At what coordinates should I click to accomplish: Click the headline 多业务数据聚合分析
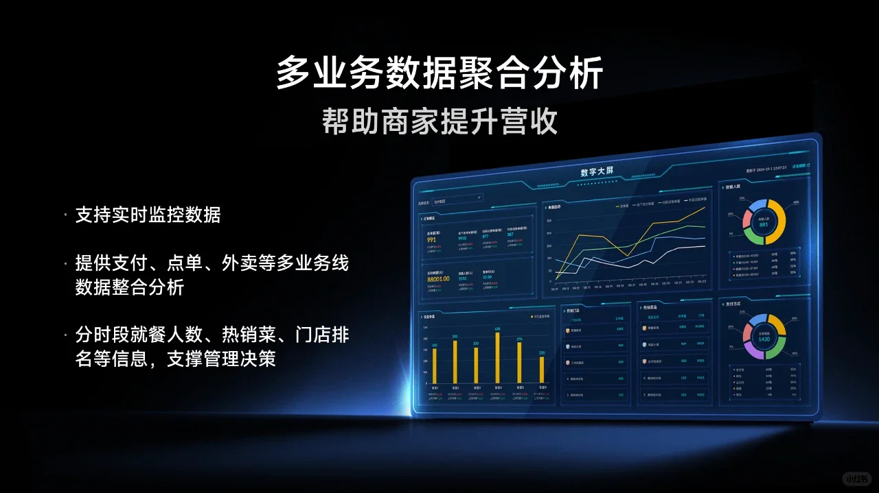[439, 73]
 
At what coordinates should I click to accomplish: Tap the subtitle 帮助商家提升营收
[439, 122]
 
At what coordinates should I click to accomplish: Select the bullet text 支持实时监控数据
[148, 215]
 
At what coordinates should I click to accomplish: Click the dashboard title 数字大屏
[596, 171]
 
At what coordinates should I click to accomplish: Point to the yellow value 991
[431, 240]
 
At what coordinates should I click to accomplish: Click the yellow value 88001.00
[438, 278]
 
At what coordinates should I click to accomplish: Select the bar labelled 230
[542, 369]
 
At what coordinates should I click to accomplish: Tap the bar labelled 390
[455, 361]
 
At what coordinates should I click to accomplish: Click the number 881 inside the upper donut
[763, 224]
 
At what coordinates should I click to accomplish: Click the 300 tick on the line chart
[549, 221]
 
